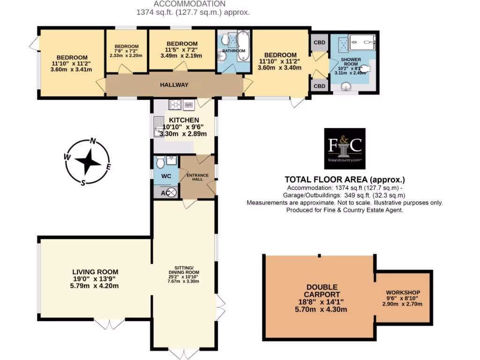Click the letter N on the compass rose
point(93,141)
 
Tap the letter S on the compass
point(83,183)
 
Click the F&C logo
point(345,148)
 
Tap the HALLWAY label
point(174,85)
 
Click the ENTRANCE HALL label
point(197,177)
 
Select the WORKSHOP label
point(403,292)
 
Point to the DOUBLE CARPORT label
point(322,291)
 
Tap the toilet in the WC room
point(160,163)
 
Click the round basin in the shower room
point(346,86)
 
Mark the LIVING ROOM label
point(95,271)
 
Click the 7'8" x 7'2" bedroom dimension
point(126,51)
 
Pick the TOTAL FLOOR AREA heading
point(345,180)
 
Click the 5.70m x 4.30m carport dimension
point(322,310)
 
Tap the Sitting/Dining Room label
point(184,272)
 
